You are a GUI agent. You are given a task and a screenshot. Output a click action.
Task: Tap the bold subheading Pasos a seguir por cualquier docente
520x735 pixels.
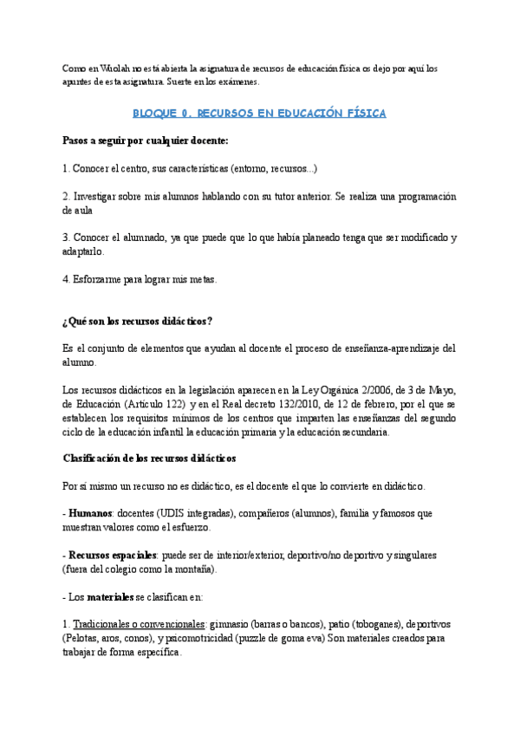(146, 140)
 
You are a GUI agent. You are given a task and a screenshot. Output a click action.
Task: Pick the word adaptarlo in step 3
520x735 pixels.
(83, 251)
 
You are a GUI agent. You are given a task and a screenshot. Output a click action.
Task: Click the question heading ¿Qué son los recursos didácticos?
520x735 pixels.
(138, 322)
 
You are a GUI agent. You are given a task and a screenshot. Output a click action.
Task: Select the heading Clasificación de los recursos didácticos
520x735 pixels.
(149, 458)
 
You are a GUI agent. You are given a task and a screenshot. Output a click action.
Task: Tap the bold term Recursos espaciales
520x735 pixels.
(114, 555)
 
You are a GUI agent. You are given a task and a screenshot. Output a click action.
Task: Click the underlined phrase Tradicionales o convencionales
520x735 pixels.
(139, 624)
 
